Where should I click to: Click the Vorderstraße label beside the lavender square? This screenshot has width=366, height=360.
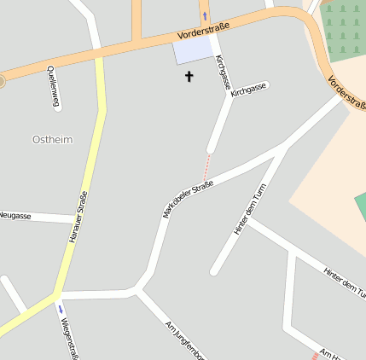205,32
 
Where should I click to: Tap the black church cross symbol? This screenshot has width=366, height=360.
189,77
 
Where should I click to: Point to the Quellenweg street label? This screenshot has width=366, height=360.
54,86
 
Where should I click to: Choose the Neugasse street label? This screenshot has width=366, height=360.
15,216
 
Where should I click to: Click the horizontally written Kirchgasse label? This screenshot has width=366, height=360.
248,89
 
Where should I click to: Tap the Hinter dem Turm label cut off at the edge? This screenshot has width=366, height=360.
344,282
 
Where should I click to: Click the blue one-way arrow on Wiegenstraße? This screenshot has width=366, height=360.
60,308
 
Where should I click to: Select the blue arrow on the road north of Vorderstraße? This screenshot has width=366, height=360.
205,15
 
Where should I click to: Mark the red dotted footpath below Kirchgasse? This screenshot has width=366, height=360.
206,165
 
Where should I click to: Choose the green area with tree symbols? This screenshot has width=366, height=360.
346,26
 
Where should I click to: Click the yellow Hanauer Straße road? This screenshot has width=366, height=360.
88,171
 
